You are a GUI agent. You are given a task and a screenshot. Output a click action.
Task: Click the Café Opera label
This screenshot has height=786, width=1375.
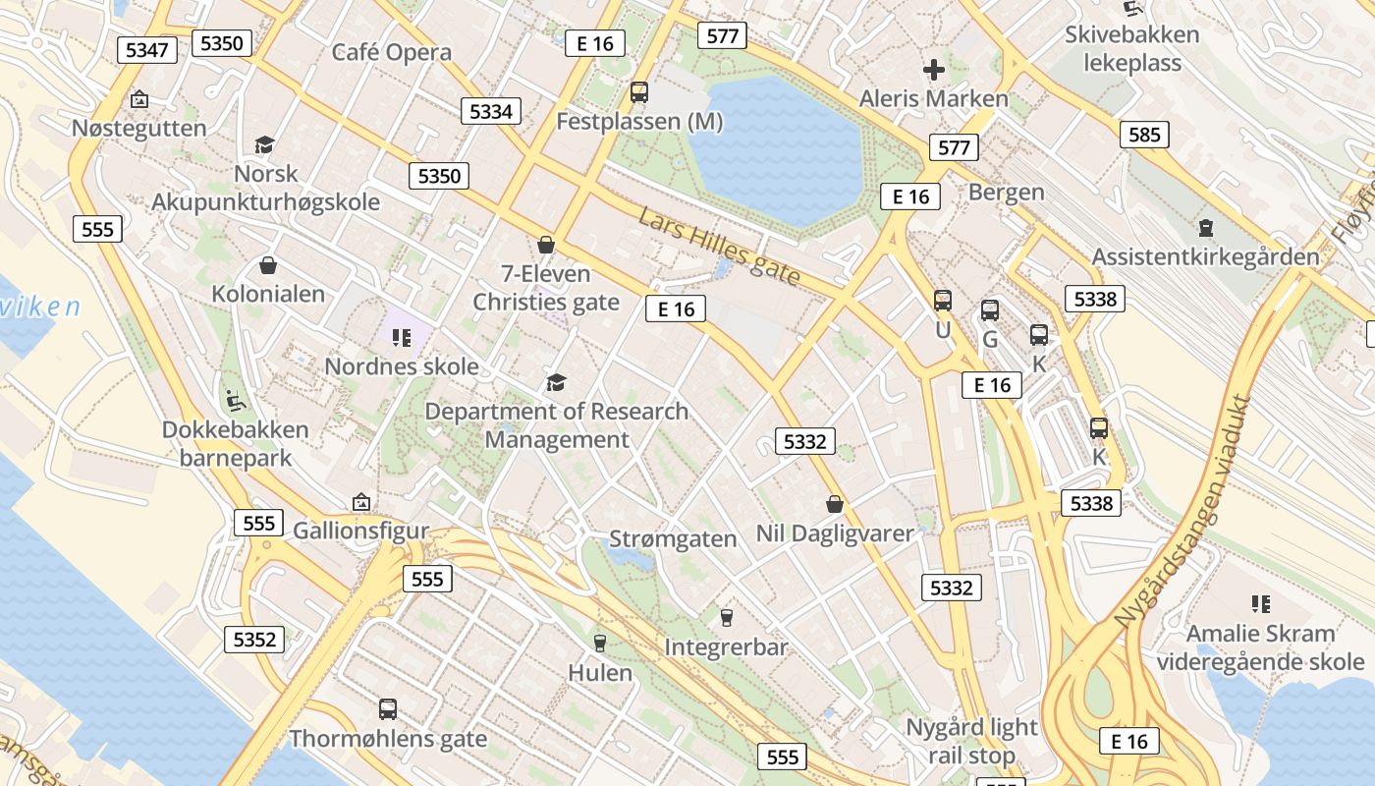(x=392, y=52)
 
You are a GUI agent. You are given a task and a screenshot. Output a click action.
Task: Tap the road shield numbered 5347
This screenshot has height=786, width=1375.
(x=147, y=49)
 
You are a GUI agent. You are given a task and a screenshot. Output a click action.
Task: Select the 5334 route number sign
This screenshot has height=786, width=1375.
(x=491, y=111)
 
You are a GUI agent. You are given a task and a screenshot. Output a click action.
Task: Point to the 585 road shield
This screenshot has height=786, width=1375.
(x=1144, y=135)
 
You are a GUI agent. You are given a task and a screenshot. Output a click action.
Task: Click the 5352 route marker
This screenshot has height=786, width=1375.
(x=254, y=640)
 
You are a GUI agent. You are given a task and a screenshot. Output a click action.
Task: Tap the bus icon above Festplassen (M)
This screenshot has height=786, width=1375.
(x=639, y=92)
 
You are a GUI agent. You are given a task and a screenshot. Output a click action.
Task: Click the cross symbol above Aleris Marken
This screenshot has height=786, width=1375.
(x=933, y=69)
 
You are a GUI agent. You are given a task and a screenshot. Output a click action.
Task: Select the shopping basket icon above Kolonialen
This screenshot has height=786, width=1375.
(x=267, y=265)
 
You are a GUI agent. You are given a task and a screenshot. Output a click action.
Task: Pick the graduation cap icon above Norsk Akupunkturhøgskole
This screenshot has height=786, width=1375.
(x=264, y=145)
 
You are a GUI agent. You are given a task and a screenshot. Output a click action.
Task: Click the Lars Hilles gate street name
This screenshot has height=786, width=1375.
(x=719, y=247)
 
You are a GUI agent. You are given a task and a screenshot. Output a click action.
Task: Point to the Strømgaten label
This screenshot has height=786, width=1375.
(x=673, y=538)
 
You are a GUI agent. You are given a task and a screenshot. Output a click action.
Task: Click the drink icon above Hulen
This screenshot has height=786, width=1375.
(x=600, y=643)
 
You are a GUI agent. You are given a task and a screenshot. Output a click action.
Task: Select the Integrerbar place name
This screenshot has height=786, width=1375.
(x=726, y=647)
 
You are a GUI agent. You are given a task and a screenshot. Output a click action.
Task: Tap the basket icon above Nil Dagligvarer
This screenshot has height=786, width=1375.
(x=835, y=504)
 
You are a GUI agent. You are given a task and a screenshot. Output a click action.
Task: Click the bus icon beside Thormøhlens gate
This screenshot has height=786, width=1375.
(x=388, y=708)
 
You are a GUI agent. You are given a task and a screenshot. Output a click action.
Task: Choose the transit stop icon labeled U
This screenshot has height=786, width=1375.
(x=943, y=301)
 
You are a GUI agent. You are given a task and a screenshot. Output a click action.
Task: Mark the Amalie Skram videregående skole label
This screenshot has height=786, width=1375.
(x=1260, y=647)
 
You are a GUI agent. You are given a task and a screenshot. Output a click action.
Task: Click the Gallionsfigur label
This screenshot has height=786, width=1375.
(x=361, y=531)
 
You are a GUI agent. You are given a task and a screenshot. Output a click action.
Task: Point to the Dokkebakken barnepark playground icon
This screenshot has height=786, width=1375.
(x=236, y=400)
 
